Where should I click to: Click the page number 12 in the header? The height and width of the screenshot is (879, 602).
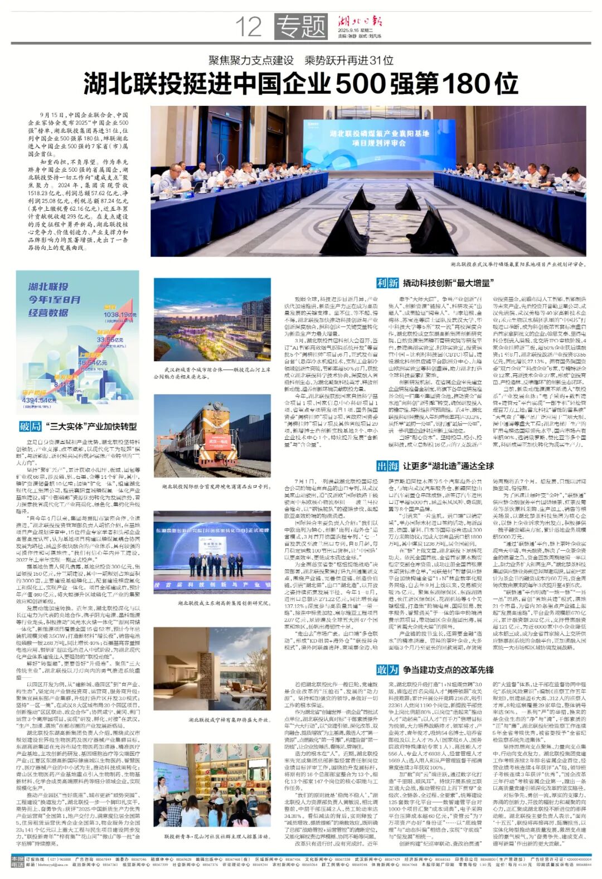(248, 26)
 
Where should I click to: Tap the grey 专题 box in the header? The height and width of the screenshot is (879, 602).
(301, 26)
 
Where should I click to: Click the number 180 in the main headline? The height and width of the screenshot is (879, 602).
(462, 84)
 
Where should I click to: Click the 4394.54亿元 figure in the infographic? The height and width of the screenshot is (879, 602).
(39, 400)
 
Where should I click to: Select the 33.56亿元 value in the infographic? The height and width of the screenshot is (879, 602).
(110, 339)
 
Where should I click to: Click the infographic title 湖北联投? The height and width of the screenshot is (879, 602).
(48, 286)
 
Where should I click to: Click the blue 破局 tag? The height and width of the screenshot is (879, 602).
(31, 426)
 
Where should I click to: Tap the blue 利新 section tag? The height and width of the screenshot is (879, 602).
(387, 283)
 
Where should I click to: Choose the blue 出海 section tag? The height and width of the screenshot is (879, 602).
(387, 466)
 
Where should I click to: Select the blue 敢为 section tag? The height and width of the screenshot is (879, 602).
(387, 670)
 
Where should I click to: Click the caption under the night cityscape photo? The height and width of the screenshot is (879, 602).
(212, 372)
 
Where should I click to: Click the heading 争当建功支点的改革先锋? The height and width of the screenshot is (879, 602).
(448, 670)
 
